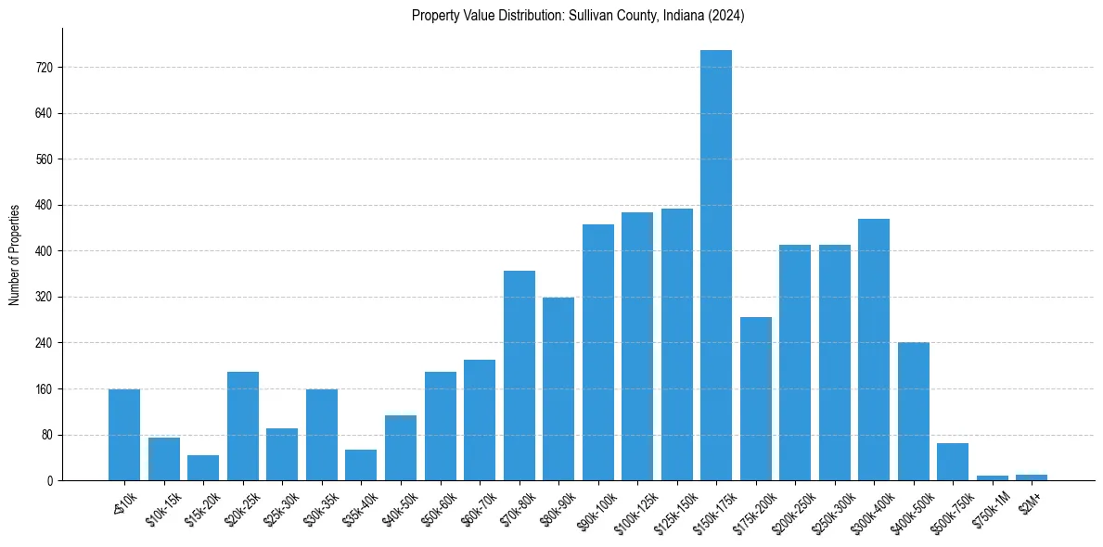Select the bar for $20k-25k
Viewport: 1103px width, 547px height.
(x=243, y=426)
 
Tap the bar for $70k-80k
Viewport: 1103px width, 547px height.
(x=519, y=375)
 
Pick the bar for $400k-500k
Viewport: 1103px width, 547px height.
(x=913, y=412)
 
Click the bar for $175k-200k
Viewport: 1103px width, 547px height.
(x=755, y=399)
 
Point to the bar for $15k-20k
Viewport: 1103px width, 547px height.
(x=203, y=468)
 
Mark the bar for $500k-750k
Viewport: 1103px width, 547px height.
(x=952, y=462)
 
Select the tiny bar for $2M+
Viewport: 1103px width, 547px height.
(x=1031, y=477)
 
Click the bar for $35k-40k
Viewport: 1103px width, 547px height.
(x=361, y=465)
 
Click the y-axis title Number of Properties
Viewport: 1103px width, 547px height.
(x=14, y=255)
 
